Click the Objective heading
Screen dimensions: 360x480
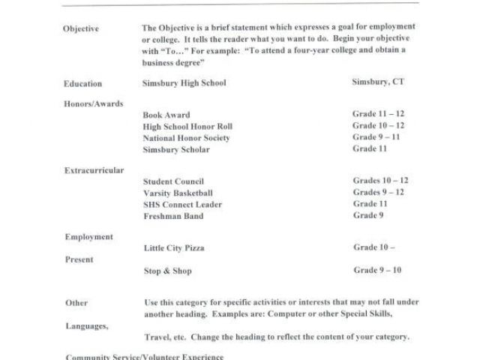click(x=82, y=28)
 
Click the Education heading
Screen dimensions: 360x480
click(x=83, y=83)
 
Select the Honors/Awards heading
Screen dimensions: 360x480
click(x=94, y=103)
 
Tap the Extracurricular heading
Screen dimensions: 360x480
click(x=94, y=170)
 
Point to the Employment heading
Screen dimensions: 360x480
click(x=89, y=236)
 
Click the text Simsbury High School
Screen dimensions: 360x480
click(x=184, y=83)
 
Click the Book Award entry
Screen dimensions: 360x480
click(x=166, y=115)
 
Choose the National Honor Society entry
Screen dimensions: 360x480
click(x=186, y=138)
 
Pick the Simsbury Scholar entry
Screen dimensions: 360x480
click(x=176, y=149)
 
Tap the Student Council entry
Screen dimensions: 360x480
click(x=173, y=181)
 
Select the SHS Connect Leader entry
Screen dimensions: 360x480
click(x=182, y=204)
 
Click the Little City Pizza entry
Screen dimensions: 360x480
click(x=173, y=247)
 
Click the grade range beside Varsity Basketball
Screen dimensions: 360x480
click(x=380, y=193)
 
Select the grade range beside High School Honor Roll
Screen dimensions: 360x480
click(x=379, y=126)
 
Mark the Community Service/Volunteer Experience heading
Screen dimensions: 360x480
click(x=143, y=355)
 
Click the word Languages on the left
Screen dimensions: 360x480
click(x=87, y=326)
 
